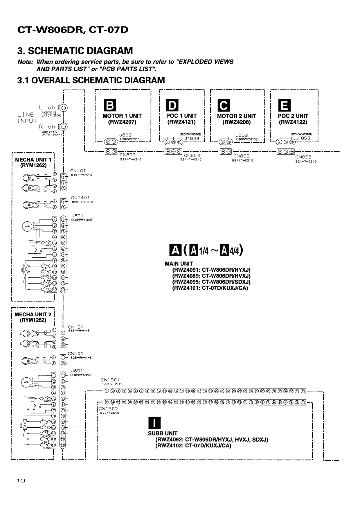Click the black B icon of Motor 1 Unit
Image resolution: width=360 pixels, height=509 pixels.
click(x=110, y=105)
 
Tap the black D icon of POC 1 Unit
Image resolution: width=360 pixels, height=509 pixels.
click(x=172, y=105)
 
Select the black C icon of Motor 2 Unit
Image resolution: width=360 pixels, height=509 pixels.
click(x=224, y=105)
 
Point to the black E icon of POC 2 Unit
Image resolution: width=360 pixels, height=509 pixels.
click(x=284, y=105)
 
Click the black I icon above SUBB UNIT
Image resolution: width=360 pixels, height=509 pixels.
click(x=154, y=423)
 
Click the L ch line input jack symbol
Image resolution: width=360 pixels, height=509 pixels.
click(x=64, y=108)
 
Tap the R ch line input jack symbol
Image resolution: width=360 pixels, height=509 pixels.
click(x=64, y=127)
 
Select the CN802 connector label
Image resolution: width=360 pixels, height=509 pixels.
click(x=128, y=155)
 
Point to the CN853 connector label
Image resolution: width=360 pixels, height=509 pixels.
click(x=303, y=157)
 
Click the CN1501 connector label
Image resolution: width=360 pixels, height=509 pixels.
click(x=110, y=380)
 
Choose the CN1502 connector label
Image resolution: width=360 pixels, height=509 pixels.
click(x=108, y=409)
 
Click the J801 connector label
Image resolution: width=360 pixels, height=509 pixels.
click(x=77, y=216)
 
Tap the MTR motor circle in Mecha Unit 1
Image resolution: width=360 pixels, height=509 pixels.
click(x=27, y=226)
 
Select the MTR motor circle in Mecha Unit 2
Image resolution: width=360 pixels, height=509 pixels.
click(x=26, y=382)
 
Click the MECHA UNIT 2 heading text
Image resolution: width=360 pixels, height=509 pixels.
click(x=33, y=314)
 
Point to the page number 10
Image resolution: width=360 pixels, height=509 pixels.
click(x=21, y=481)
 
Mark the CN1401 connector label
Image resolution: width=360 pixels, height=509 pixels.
click(x=80, y=198)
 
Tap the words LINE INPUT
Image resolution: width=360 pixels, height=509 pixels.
click(x=27, y=118)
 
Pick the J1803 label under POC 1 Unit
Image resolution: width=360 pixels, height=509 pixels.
click(x=192, y=139)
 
